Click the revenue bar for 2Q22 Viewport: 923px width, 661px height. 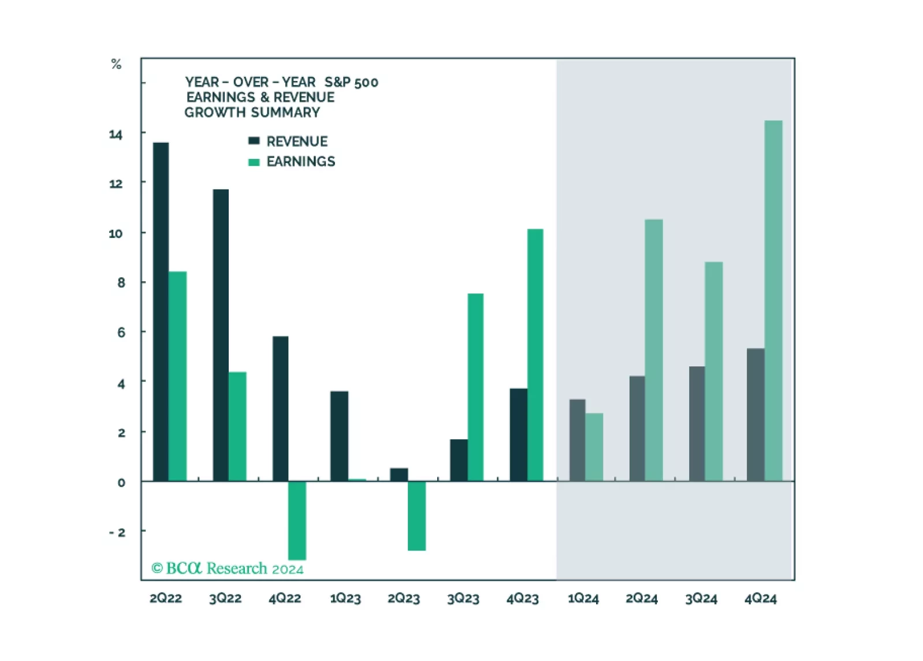pos(161,312)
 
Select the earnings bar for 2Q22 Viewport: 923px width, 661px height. pos(178,376)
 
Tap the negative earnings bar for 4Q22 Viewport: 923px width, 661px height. pos(297,520)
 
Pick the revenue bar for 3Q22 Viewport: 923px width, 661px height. pos(221,335)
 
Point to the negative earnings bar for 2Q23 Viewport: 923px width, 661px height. pos(416,515)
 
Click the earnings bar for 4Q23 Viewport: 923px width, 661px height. pos(535,355)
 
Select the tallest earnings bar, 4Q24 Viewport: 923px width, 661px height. pos(773,300)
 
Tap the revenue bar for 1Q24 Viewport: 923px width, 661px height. pos(577,440)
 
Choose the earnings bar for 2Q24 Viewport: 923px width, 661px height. pos(654,350)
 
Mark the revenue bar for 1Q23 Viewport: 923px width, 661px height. pos(339,436)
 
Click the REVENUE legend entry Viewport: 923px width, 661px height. pos(296,142)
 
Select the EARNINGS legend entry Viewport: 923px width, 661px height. pos(300,162)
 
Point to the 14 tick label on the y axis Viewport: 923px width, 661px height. pos(116,135)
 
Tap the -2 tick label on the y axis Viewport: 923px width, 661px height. pos(117,532)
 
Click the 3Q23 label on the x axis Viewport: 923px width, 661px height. pos(463,599)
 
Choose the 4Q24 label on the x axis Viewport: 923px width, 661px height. pos(760,599)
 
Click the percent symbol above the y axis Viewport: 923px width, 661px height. pos(116,64)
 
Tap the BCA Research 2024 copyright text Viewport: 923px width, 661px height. pos(227,569)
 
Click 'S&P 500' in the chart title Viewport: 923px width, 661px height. pos(351,83)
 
